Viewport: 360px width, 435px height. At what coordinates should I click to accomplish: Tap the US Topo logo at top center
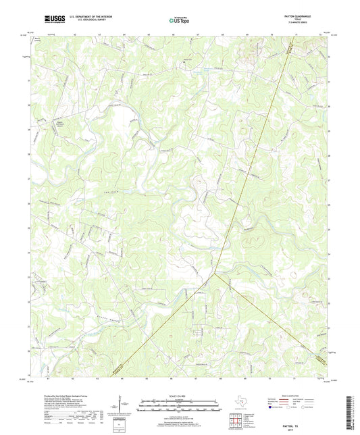pos(179,22)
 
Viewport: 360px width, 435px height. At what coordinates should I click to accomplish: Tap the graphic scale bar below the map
pos(179,406)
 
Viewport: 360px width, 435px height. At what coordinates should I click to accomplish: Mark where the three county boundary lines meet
pos(214,273)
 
